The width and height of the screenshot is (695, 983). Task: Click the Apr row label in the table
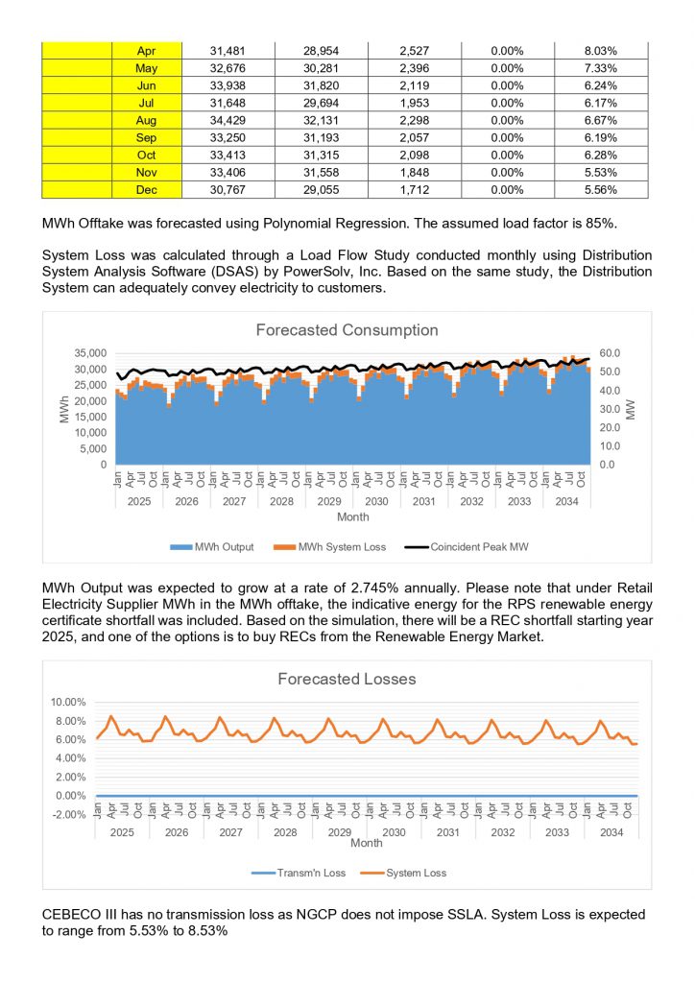[x=147, y=50]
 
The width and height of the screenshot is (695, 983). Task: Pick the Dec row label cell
[x=147, y=191]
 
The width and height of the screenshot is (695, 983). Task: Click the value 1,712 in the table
[x=416, y=191]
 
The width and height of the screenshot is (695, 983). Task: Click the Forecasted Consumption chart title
[x=347, y=330]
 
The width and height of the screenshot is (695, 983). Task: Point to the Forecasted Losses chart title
[x=347, y=679]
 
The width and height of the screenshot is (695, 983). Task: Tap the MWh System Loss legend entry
[x=338, y=547]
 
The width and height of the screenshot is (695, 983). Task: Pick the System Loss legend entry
[x=410, y=874]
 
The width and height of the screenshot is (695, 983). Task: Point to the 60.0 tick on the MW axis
[x=611, y=353]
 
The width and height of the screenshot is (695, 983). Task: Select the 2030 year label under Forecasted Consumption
[x=376, y=502]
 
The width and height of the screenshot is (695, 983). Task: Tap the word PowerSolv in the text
[x=384, y=272]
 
